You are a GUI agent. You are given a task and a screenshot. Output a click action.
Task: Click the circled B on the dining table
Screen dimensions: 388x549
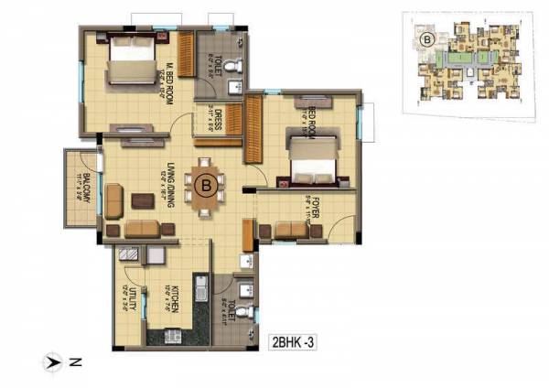click(x=207, y=186)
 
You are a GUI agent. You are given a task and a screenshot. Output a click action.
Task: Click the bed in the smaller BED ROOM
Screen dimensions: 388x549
click(x=310, y=165)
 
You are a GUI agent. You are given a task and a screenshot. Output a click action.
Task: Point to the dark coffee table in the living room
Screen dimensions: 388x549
click(x=142, y=199)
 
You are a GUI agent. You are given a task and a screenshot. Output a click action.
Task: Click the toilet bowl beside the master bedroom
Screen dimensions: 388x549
click(x=235, y=65)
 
